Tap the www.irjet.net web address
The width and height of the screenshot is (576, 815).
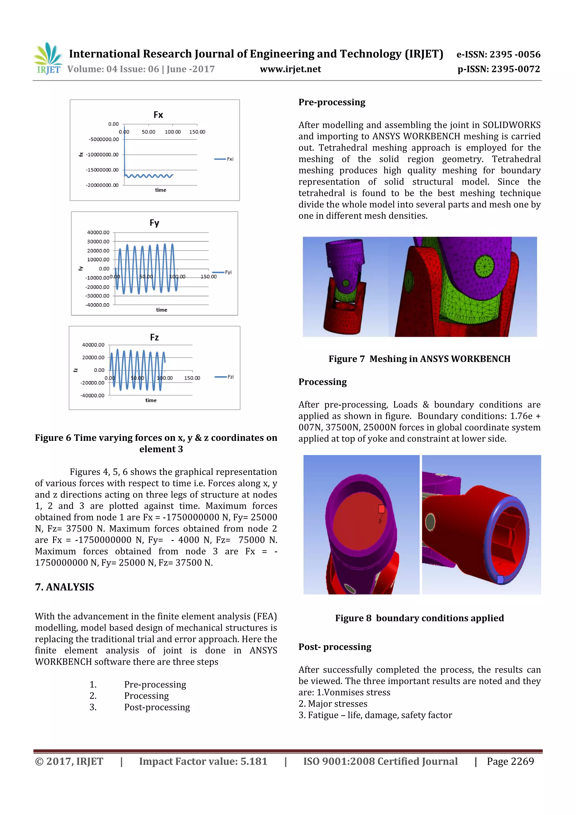click(x=290, y=69)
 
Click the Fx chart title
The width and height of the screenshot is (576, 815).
click(x=158, y=115)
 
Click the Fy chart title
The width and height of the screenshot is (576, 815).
click(x=154, y=223)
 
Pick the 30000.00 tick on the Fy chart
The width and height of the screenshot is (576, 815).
click(x=98, y=242)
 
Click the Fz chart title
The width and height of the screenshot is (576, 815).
click(x=154, y=337)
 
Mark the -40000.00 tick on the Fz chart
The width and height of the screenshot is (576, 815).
click(x=93, y=396)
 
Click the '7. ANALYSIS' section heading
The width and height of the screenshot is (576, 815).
click(x=65, y=587)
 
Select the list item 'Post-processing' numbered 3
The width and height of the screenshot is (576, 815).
click(x=157, y=708)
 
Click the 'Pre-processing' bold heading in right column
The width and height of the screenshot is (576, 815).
click(x=332, y=102)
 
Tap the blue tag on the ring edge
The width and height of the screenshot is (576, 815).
click(x=500, y=579)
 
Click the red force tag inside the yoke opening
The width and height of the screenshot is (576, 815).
click(x=382, y=509)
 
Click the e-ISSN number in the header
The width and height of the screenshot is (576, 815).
click(x=498, y=54)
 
